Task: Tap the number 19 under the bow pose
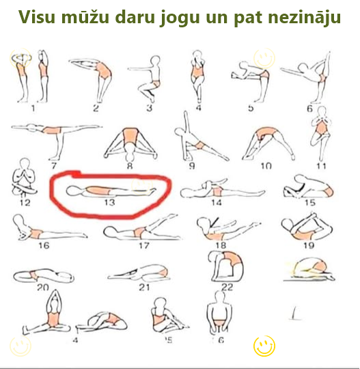tap(308, 245)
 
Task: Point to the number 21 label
tap(143, 288)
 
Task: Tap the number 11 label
tap(320, 165)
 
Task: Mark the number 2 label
tap(96, 107)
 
